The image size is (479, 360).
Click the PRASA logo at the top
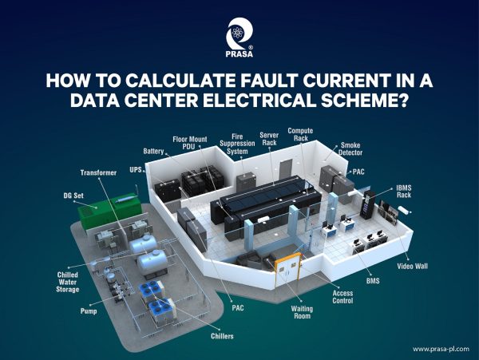point(239,37)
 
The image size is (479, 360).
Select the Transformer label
point(99,172)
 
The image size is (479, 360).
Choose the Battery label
point(154,150)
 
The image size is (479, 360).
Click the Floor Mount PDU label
point(191,143)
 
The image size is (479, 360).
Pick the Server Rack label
point(270,139)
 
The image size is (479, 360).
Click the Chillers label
point(223,337)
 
